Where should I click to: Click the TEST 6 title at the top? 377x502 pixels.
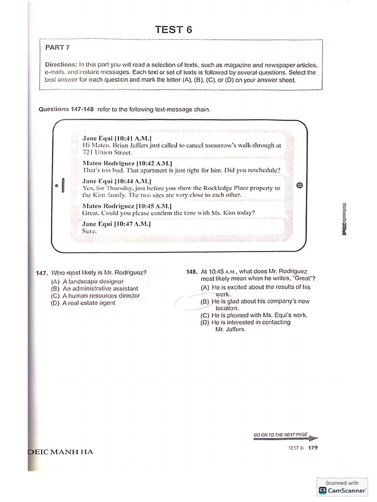click(x=173, y=29)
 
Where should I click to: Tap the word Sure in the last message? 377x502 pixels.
click(x=90, y=231)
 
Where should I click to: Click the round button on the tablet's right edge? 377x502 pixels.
click(x=300, y=185)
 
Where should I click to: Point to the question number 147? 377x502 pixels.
click(x=42, y=273)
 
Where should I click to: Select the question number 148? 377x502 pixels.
click(x=191, y=272)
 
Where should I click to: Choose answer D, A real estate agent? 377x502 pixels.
click(x=83, y=303)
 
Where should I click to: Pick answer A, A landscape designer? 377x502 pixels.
click(x=87, y=282)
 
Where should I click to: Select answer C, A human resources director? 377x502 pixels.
click(x=95, y=296)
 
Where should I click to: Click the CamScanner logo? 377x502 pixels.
click(x=323, y=490)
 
